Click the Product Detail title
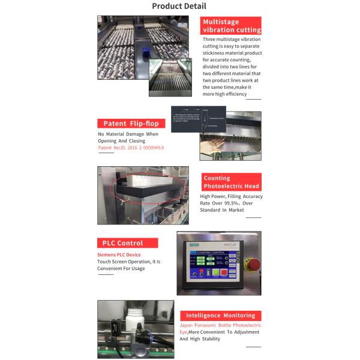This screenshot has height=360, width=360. click(179, 7)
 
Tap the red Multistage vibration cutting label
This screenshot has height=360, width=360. click(232, 26)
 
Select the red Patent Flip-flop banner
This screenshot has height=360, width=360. click(131, 123)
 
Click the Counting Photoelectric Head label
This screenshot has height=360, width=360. click(231, 182)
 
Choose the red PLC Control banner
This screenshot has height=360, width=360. click(127, 243)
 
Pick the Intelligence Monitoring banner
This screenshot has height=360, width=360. click(220, 315)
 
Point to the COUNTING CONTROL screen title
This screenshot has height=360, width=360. click(209, 253)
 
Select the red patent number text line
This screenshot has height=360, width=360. click(131, 147)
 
